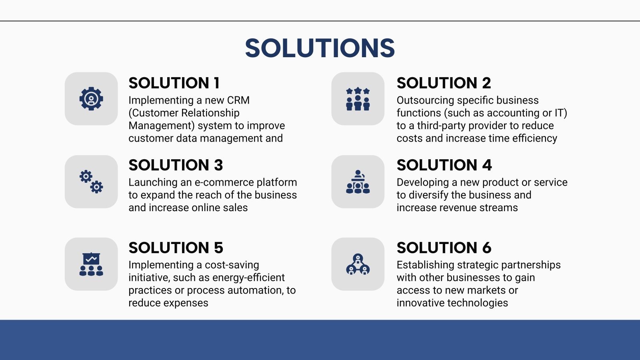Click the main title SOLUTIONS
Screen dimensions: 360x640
click(x=320, y=48)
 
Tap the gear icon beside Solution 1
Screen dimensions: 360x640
click(x=91, y=98)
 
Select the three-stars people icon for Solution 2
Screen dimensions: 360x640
click(x=358, y=99)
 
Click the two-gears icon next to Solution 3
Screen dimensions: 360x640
click(x=91, y=182)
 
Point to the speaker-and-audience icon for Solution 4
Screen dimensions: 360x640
click(x=358, y=182)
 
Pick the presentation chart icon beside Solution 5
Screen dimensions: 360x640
click(x=91, y=264)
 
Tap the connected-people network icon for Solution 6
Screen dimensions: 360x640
click(x=358, y=264)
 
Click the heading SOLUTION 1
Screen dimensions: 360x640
click(x=174, y=83)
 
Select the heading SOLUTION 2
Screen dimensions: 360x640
click(x=444, y=83)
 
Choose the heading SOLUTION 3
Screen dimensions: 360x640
click(x=176, y=165)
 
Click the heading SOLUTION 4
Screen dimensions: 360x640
click(x=444, y=165)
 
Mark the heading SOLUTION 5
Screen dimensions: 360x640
click(x=176, y=248)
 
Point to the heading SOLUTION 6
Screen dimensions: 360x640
click(x=444, y=248)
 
